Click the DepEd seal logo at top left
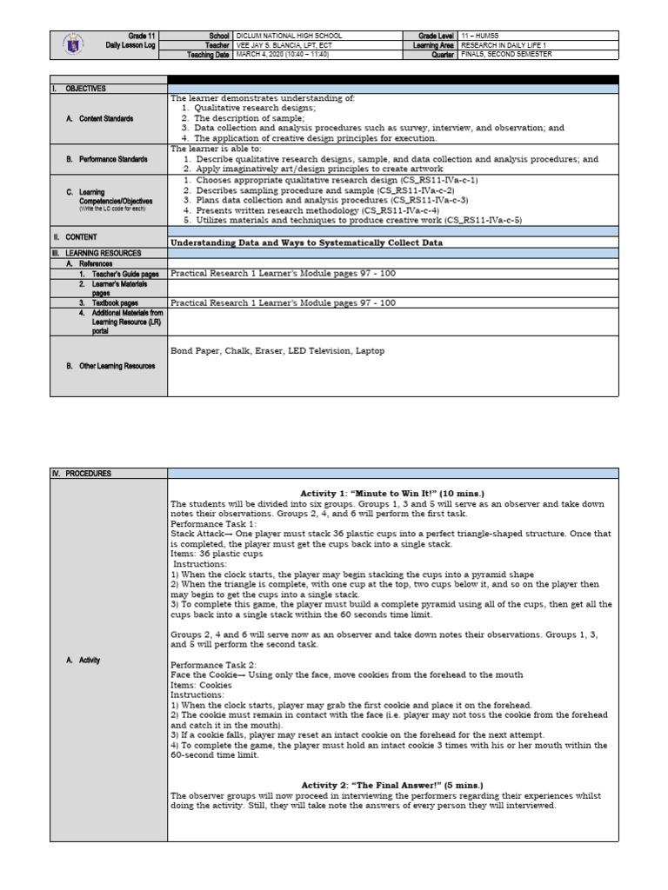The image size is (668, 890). coord(76,45)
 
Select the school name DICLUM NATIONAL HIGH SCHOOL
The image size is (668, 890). coord(290,36)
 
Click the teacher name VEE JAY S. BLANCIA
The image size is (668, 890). coord(284,45)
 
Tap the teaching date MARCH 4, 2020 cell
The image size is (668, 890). coord(283,55)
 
